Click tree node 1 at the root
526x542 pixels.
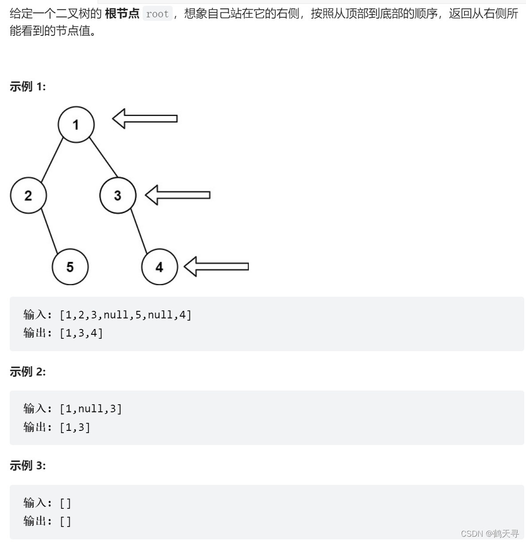point(76,124)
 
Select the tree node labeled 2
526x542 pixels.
point(28,195)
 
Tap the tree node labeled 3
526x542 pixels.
point(118,195)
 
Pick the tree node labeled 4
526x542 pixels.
point(159,267)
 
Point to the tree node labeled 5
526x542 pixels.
point(70,267)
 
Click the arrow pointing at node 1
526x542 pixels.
point(144,118)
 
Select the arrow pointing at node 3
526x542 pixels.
point(177,195)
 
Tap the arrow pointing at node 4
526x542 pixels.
point(216,266)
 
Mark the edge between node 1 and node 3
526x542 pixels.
point(104,158)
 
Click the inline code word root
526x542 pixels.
point(157,14)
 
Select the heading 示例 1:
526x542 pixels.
point(27,86)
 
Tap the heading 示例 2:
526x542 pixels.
point(27,372)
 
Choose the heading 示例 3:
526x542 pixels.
point(27,465)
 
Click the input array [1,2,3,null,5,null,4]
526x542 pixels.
point(126,315)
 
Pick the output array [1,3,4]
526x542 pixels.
point(81,333)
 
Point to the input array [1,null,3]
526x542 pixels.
point(91,409)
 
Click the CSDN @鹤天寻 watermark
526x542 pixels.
point(490,533)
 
